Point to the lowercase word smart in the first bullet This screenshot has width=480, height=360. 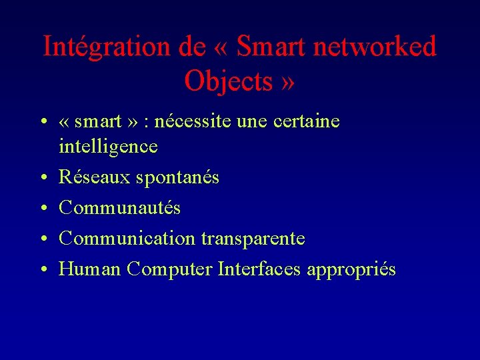[98, 122]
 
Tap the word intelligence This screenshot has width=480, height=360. [108, 147]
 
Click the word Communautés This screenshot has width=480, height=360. [119, 208]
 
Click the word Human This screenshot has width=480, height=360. [90, 269]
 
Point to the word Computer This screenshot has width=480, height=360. [169, 270]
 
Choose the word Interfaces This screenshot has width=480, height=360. [259, 269]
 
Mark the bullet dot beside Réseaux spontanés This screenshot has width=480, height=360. [43, 178]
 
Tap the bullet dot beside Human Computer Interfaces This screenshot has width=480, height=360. [43, 270]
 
